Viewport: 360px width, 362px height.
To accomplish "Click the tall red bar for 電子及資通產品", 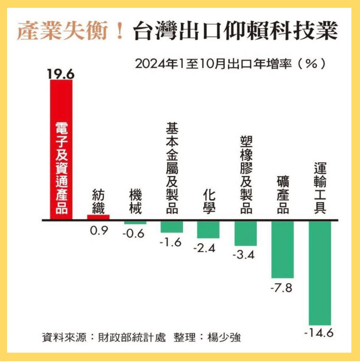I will (x=61, y=149).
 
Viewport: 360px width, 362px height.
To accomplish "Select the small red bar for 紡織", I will (x=98, y=217).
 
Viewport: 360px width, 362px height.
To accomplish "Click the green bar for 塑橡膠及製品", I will (x=245, y=233).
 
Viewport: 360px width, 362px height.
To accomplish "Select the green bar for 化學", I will (x=208, y=229).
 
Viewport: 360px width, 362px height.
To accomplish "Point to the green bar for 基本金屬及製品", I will (x=171, y=227).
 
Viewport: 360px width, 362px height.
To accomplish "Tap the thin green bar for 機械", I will (x=135, y=222).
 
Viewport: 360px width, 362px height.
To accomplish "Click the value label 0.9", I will (x=98, y=231).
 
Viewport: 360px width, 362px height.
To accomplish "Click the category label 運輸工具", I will (x=320, y=188).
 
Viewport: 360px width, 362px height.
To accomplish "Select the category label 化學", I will (x=209, y=201).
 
